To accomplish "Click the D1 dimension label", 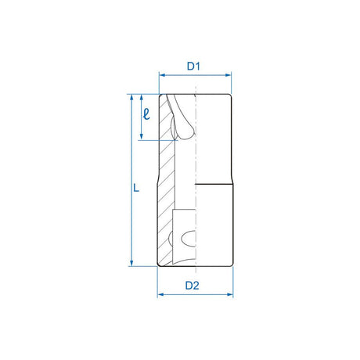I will pyautogui.click(x=195, y=67).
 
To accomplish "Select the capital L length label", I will pyautogui.click(x=136, y=188).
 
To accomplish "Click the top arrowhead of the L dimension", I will pyautogui.click(x=131, y=98).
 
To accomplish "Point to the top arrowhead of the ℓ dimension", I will pyautogui.click(x=139, y=98).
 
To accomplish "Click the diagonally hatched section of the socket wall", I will pyautogui.click(x=165, y=196).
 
